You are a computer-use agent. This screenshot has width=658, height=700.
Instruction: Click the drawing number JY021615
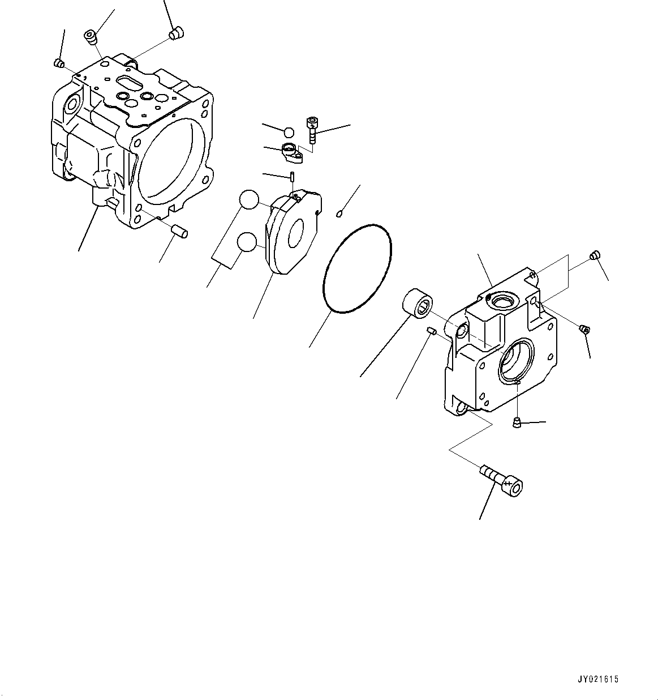coord(598,679)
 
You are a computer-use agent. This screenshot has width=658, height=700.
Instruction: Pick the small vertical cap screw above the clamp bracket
coord(311,131)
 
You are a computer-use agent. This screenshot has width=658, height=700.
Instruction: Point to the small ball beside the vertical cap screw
coord(289,133)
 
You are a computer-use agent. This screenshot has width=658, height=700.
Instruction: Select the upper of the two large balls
coord(249,199)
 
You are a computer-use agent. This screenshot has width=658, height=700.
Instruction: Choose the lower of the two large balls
coord(247,242)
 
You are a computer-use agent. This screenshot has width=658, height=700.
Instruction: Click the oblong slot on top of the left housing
coord(130,83)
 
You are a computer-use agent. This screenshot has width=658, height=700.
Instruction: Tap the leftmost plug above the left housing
coord(58,63)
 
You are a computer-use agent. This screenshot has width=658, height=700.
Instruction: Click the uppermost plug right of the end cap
coord(594,255)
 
